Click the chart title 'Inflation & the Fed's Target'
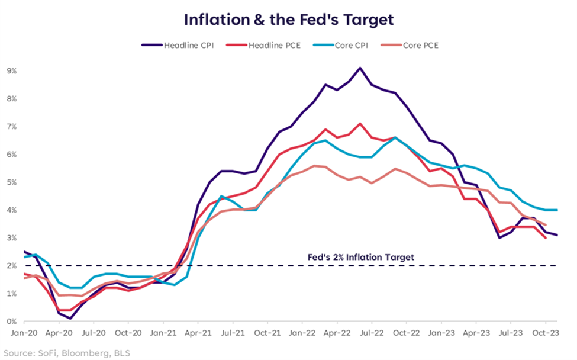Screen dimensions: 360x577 point(288,19)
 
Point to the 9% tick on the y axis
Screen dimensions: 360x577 point(11,70)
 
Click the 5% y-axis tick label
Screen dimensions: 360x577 point(11,182)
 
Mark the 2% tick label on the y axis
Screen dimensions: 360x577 point(11,266)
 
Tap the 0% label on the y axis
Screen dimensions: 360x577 point(11,322)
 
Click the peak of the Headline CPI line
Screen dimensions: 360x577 point(360,67)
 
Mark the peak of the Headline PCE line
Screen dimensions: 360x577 point(360,124)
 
